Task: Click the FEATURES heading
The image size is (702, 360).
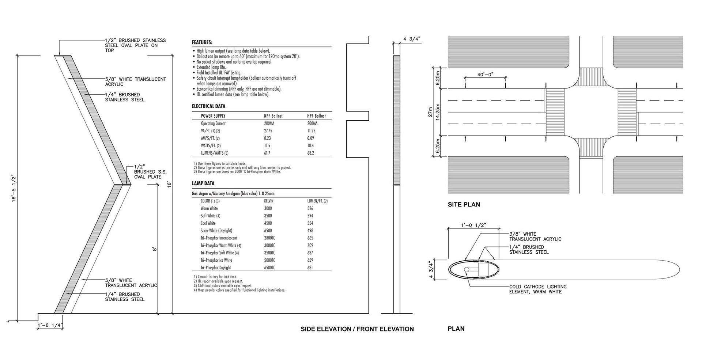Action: pos(202,42)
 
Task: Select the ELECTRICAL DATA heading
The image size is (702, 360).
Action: pos(208,106)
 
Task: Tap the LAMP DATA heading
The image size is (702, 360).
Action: pos(203,183)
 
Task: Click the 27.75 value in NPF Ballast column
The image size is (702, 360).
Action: pos(267,131)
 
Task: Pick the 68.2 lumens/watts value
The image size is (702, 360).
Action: pos(311,153)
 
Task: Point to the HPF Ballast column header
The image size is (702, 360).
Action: pos(316,116)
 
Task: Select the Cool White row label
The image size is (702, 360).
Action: pos(208,223)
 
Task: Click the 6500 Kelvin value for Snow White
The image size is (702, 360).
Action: pos(268,231)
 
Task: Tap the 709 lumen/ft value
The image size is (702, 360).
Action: pos(310,246)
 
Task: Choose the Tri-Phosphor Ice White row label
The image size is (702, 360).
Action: pos(216,260)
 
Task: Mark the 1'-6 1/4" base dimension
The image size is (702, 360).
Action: pos(50,325)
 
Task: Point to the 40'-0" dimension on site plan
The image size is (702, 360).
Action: pos(485,75)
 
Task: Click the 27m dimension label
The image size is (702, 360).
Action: pos(430,112)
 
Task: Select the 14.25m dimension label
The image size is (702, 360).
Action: pos(438,112)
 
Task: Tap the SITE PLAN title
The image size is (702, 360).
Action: pos(464,205)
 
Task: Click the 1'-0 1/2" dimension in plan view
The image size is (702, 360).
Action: pos(473,225)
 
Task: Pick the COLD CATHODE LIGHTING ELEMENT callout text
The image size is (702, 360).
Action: pos(537,289)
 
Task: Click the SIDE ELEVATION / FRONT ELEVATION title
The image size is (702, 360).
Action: pos(357,329)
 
